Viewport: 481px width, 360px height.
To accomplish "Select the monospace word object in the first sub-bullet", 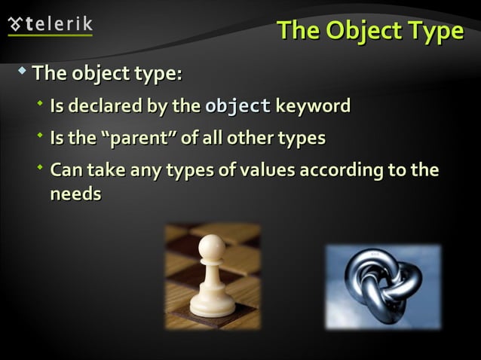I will click(x=238, y=106).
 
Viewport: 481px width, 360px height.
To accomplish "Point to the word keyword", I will click(x=313, y=106).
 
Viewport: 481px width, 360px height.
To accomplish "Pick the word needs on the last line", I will click(x=75, y=194).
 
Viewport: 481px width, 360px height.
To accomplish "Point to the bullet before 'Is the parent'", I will click(x=40, y=136).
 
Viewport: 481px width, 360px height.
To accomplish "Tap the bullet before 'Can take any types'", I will click(x=40, y=167).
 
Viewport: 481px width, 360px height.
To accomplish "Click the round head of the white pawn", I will click(x=213, y=246).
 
